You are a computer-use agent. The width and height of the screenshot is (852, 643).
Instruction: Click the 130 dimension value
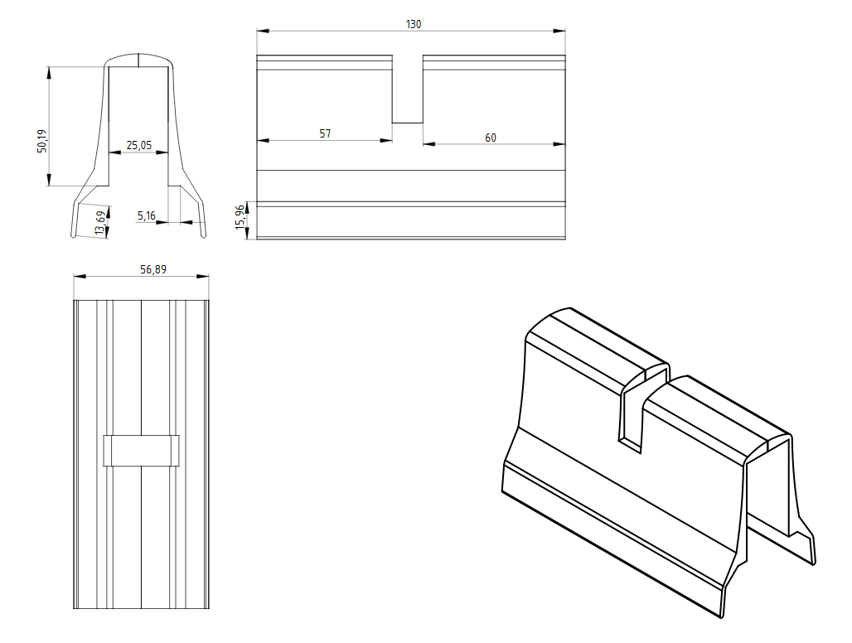[x=413, y=24]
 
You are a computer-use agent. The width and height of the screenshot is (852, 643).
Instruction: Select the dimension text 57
[x=325, y=133]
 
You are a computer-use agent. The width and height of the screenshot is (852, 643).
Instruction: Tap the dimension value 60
[x=491, y=138]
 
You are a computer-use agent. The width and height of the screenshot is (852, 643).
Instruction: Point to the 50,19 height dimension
[x=42, y=140]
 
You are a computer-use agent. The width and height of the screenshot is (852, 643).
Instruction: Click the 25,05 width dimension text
[x=138, y=145]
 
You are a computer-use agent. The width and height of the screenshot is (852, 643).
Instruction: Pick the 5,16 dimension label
[x=146, y=215]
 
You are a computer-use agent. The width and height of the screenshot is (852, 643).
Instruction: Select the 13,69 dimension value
[x=100, y=223]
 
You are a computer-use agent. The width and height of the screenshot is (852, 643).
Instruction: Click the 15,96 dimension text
[x=240, y=217]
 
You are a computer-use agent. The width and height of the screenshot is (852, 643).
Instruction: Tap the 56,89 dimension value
[x=141, y=269]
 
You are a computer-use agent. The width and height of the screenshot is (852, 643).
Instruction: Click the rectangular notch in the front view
[x=407, y=91]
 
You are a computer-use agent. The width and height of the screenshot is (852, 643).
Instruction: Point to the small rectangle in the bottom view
[x=141, y=451]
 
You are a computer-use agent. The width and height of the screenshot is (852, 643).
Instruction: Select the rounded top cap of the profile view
[x=138, y=60]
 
